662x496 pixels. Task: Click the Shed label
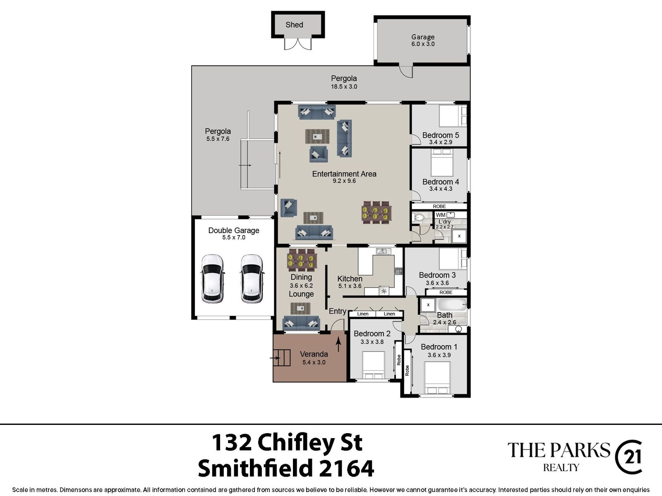(294, 25)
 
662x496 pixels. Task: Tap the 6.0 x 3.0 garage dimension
(423, 44)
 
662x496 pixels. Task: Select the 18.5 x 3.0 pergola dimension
(344, 87)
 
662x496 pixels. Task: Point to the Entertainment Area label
(344, 174)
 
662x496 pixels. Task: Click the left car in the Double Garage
(212, 279)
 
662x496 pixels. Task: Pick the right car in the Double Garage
(252, 279)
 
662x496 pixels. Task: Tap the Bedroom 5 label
(441, 135)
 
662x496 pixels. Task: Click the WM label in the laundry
(440, 215)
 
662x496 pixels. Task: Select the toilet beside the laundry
(418, 217)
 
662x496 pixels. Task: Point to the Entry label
(338, 311)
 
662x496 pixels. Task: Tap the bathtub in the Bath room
(452, 305)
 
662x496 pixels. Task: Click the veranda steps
(282, 358)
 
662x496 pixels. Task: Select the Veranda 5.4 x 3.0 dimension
(314, 362)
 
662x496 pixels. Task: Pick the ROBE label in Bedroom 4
(439, 206)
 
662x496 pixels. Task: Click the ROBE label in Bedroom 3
(446, 292)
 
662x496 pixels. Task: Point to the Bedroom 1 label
(439, 347)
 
